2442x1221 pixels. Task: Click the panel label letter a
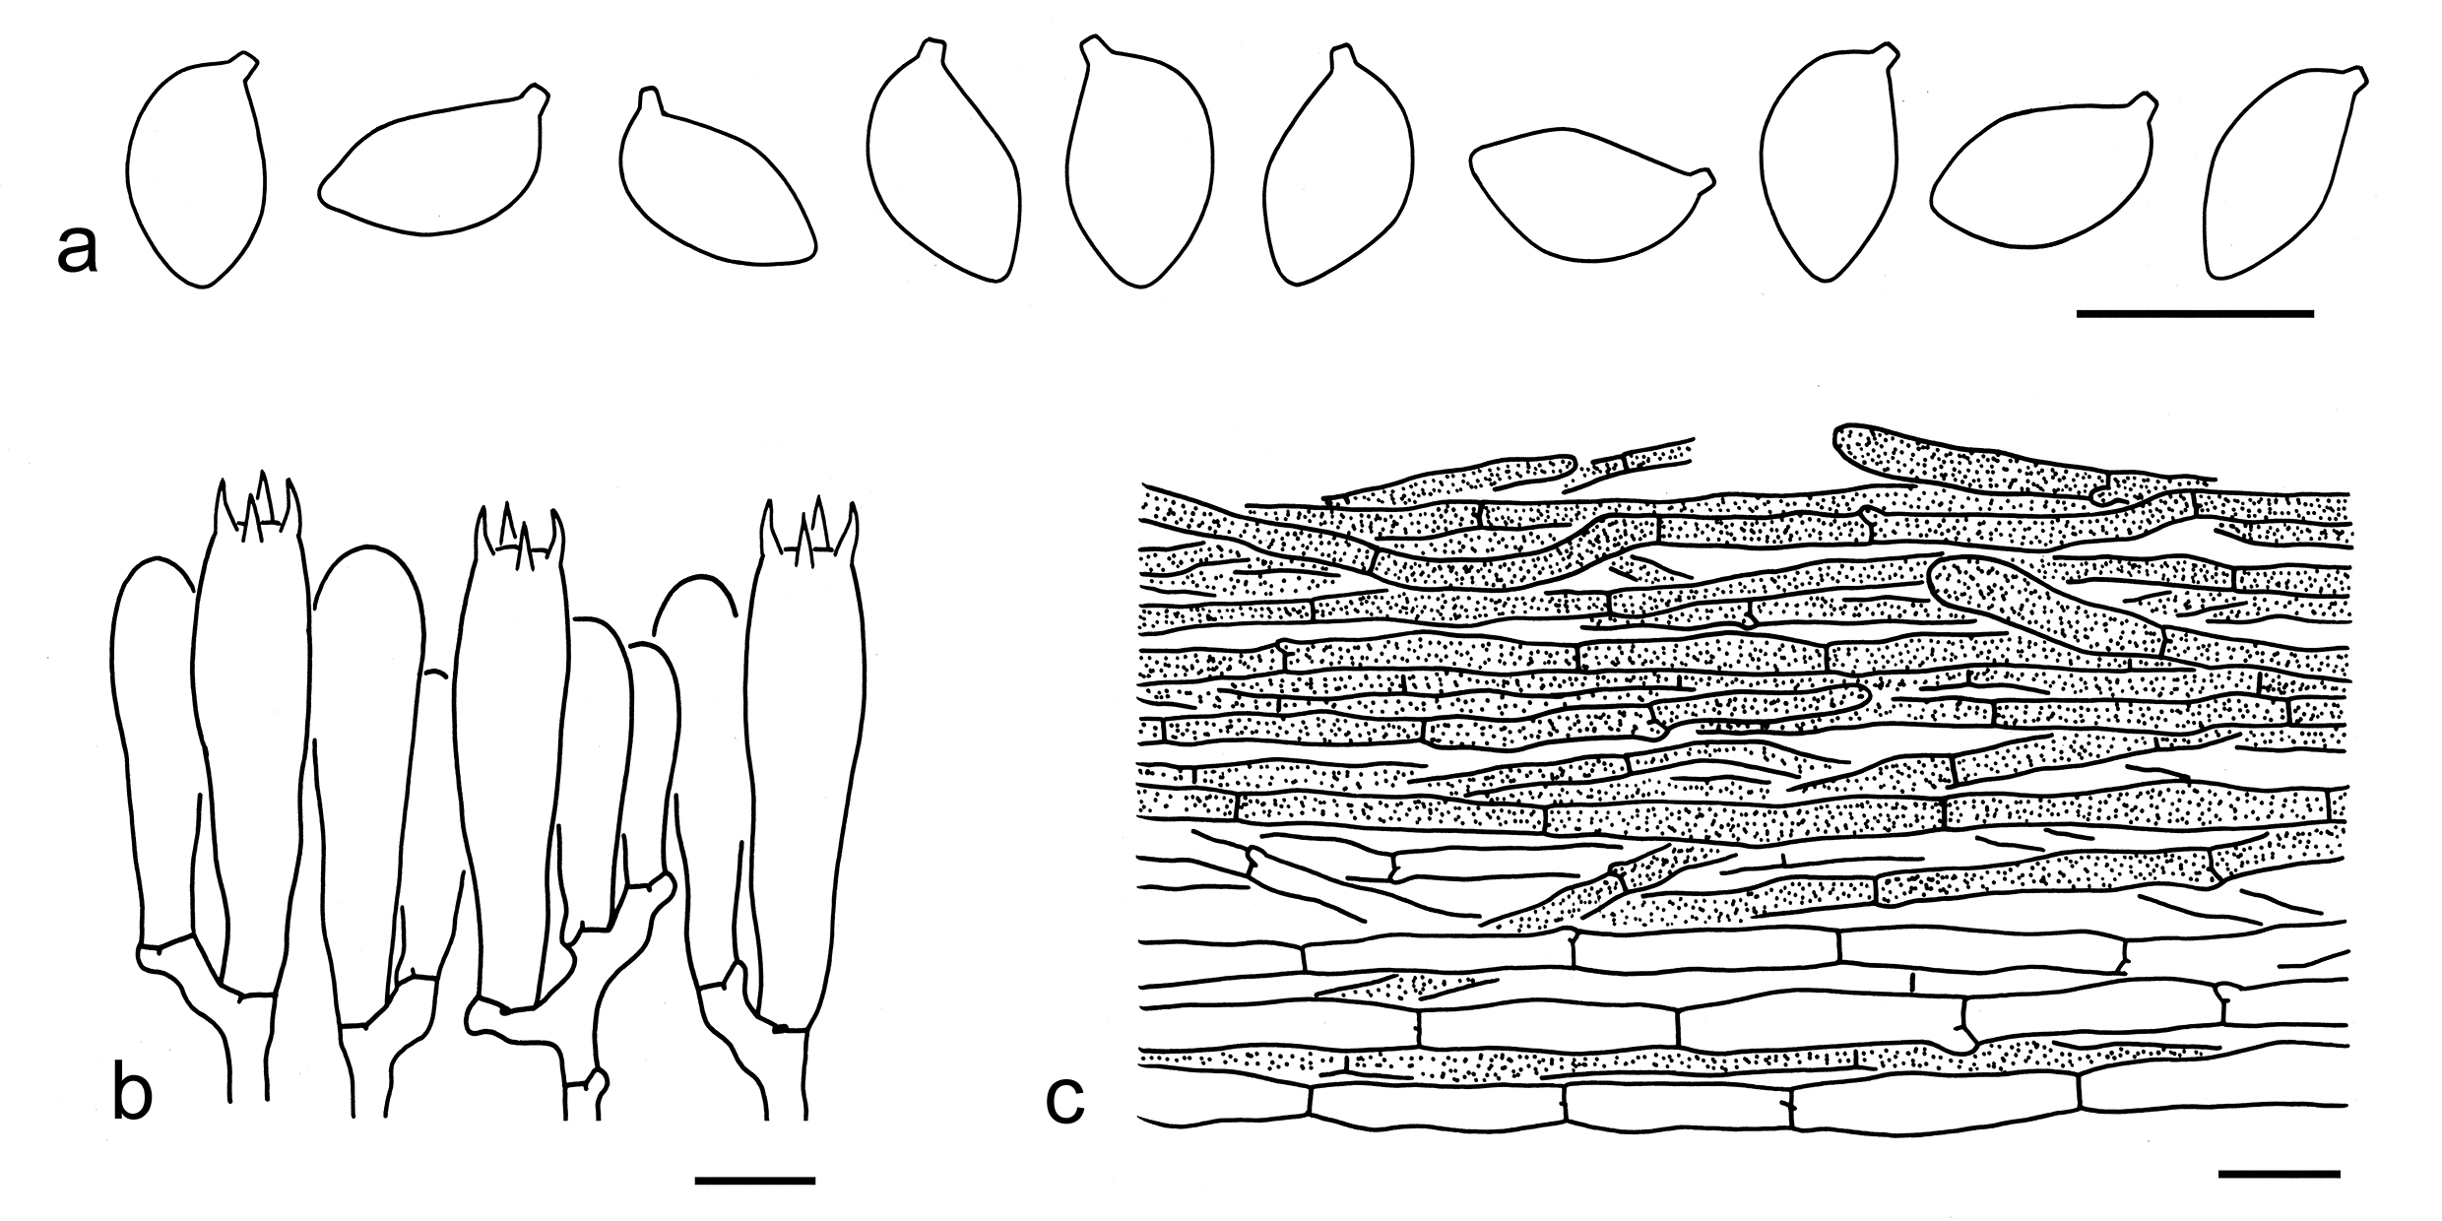[78, 247]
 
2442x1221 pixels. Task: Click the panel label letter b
[133, 1094]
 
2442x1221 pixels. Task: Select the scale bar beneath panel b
[755, 1179]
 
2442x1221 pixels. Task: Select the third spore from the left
[717, 177]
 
